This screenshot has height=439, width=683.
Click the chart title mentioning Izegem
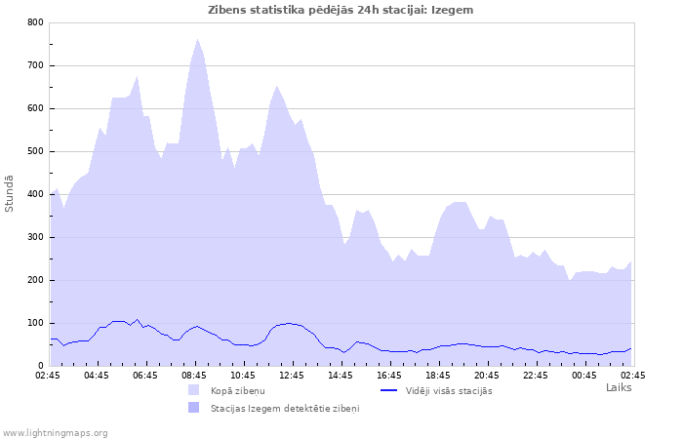tap(341, 9)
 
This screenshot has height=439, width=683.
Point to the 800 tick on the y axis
tap(35, 22)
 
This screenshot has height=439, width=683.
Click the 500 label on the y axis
tap(35, 151)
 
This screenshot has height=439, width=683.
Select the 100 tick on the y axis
tap(35, 323)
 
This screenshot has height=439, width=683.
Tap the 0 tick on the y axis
tap(40, 366)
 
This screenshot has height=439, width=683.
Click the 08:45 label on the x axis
tap(194, 375)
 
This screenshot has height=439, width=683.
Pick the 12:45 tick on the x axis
tap(292, 375)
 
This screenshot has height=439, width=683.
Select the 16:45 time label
tap(389, 375)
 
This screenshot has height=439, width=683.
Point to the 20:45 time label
tap(487, 375)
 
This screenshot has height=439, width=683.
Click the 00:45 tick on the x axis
tap(584, 375)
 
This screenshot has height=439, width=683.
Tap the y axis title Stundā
tap(10, 193)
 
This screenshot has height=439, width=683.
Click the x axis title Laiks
tap(619, 387)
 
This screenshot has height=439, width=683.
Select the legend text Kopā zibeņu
tap(237, 391)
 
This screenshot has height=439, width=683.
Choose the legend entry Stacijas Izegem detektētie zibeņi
tap(285, 408)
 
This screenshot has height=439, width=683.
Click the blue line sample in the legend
tap(388, 391)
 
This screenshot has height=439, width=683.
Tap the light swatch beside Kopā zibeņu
tap(194, 391)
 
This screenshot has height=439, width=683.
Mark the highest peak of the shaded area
tap(197, 40)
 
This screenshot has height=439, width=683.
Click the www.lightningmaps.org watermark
tap(55, 432)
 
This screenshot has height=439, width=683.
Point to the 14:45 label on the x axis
tap(341, 375)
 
